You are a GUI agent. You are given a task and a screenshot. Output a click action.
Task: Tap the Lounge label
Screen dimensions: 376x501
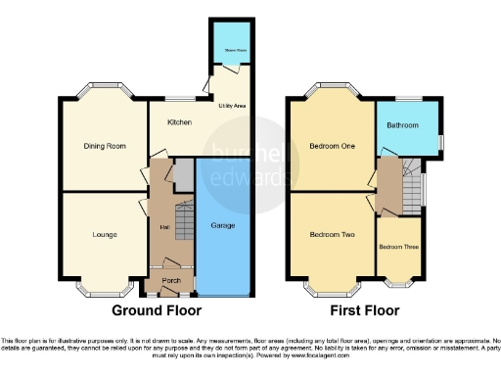click(x=105, y=235)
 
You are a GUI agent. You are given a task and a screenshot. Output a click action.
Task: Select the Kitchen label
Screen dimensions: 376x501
click(x=178, y=122)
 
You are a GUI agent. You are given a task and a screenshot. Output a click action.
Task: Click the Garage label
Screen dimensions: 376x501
click(x=224, y=225)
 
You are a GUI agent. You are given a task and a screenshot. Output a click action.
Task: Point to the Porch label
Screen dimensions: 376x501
click(x=169, y=281)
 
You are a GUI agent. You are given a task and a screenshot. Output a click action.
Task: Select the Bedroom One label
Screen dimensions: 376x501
click(x=331, y=146)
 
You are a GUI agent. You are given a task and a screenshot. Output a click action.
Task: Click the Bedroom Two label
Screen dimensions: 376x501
click(x=331, y=235)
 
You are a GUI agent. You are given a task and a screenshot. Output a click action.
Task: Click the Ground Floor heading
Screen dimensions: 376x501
click(x=159, y=310)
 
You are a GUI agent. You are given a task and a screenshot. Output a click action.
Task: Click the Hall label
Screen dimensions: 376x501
click(x=162, y=227)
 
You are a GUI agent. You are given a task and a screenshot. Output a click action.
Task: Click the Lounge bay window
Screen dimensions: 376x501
click(x=105, y=291)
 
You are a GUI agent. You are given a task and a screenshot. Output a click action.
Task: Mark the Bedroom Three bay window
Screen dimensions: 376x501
click(x=398, y=287)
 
